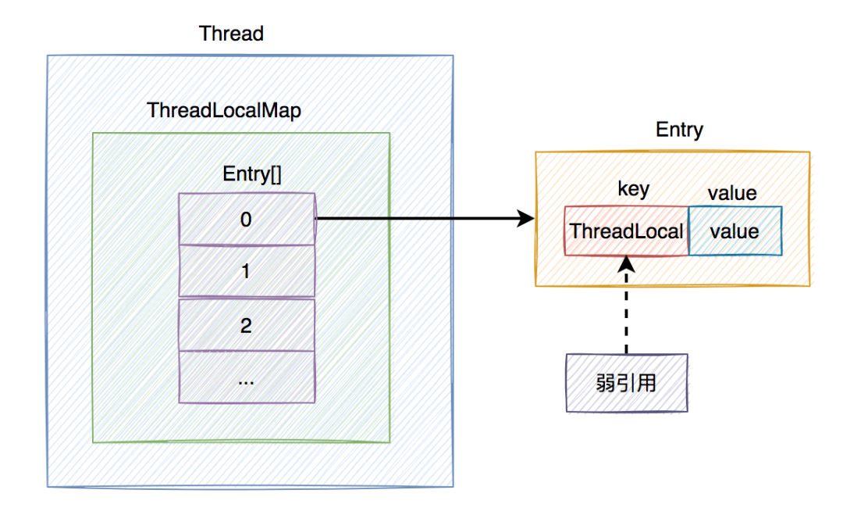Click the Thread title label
231,34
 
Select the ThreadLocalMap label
224,110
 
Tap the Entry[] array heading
246,174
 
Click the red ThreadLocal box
626,231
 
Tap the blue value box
735,231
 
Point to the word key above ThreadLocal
632,190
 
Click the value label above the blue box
732,192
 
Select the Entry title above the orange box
679,130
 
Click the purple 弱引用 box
627,382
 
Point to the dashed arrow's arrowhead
627,263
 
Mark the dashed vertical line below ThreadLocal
627,313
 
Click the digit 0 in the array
246,220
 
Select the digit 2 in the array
246,325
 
